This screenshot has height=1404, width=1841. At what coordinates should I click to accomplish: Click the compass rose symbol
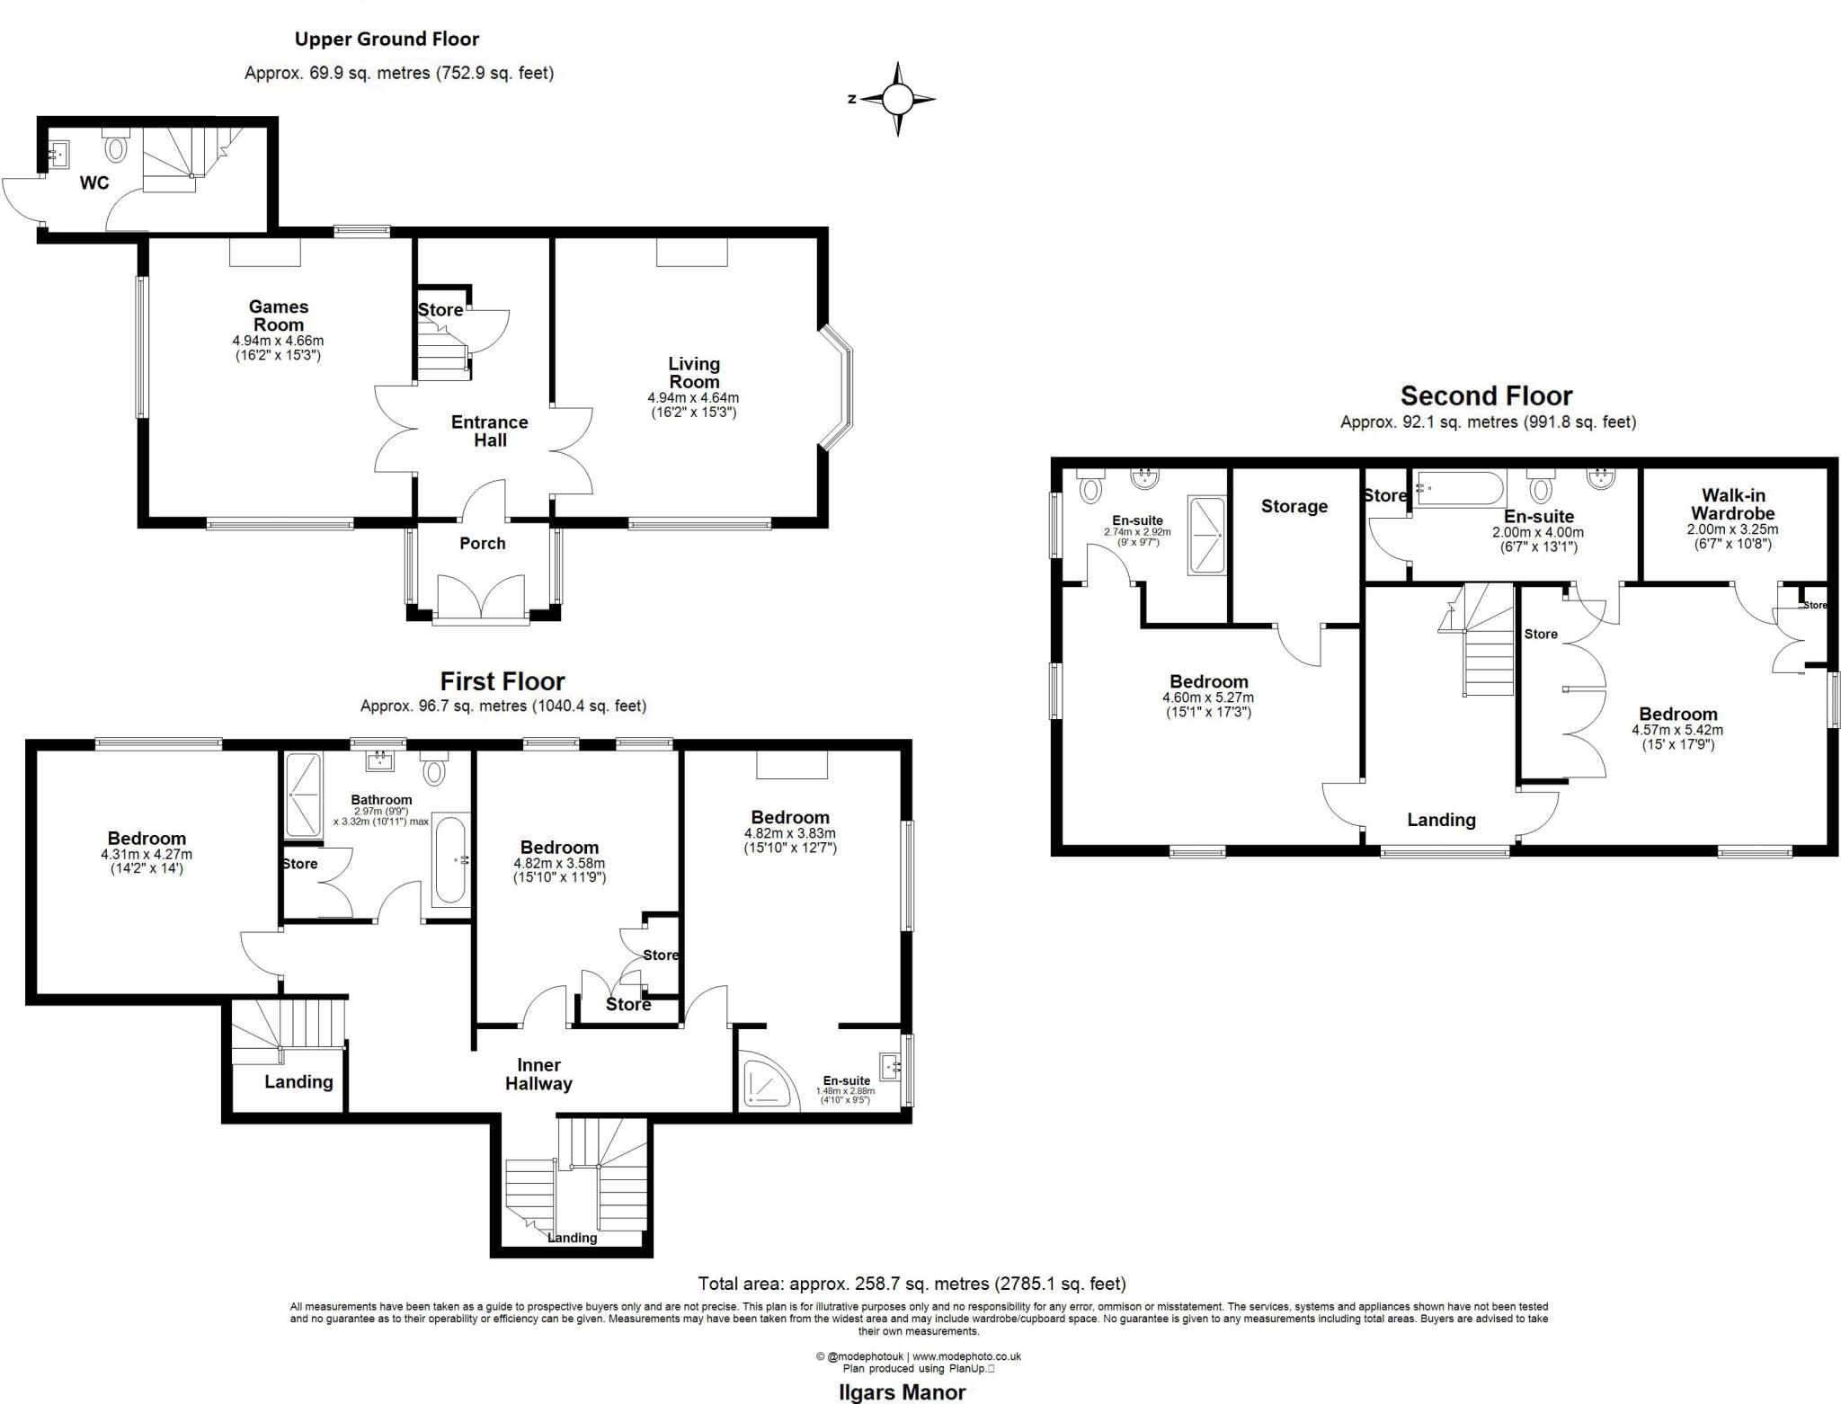click(897, 99)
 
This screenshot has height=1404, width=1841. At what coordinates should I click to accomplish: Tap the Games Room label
click(279, 315)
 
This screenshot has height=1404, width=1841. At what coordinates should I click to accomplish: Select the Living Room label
click(693, 372)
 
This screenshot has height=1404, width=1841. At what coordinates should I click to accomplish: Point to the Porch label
click(482, 543)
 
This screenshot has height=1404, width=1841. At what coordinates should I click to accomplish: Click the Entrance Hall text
click(490, 431)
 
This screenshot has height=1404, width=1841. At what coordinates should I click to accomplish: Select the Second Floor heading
click(1486, 395)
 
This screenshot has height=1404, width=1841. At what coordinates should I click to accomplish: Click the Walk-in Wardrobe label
click(1732, 504)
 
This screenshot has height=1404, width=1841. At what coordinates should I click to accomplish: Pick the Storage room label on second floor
click(1294, 506)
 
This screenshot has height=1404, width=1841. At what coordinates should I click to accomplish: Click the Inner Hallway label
click(538, 1074)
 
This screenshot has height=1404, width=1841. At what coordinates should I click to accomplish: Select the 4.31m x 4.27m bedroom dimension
click(147, 854)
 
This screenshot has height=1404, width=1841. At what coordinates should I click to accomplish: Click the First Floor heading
click(502, 681)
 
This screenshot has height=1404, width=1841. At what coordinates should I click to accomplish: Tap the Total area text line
click(912, 1284)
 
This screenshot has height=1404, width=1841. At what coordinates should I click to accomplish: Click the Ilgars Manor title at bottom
click(902, 1392)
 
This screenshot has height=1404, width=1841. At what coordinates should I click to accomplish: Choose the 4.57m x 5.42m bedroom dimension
click(1677, 730)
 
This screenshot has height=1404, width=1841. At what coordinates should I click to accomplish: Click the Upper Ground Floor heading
click(387, 39)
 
